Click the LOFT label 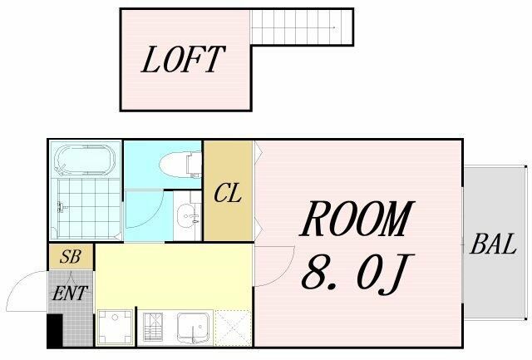[x=183, y=59]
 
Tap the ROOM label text [x=357, y=219]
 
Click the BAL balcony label [x=493, y=244]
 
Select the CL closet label [x=228, y=193]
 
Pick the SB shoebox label [x=70, y=257]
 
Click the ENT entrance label [x=70, y=293]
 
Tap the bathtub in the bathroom [x=85, y=159]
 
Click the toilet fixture [x=180, y=165]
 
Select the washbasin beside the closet [x=188, y=216]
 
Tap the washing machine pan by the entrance [x=115, y=328]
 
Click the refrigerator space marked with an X [x=233, y=328]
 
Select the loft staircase [x=302, y=27]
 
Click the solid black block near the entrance [x=55, y=331]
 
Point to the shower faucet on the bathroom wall [x=61, y=207]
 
